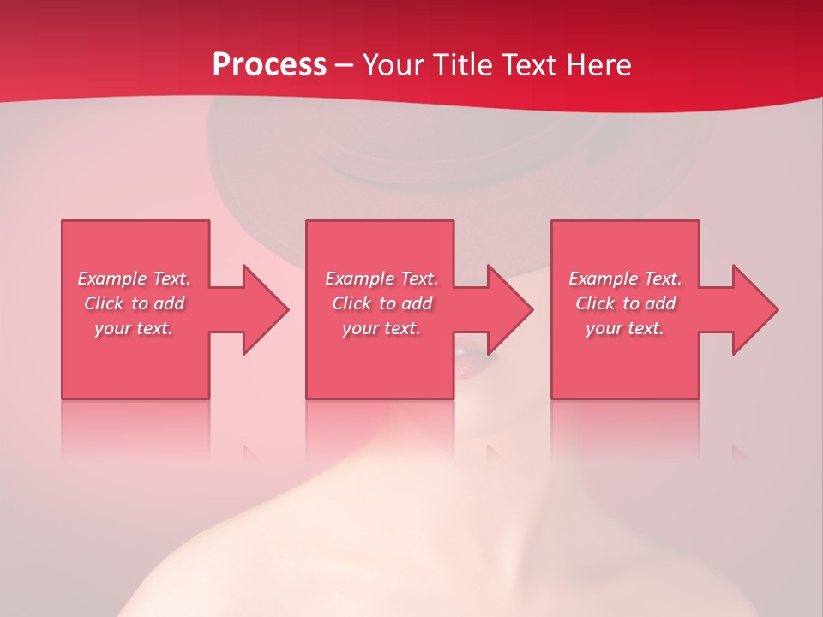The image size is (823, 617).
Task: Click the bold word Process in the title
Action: [x=269, y=65]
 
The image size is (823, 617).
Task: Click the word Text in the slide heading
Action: [x=529, y=65]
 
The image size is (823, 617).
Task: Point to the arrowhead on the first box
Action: [x=266, y=309]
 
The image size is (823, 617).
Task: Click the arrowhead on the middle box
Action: [x=510, y=309]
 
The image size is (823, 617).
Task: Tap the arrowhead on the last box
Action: [x=755, y=309]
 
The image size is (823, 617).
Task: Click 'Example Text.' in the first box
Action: [x=134, y=279]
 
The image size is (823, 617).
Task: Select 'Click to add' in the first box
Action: [x=134, y=303]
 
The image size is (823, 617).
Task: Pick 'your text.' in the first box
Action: [x=134, y=328]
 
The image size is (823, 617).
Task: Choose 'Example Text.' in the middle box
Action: [x=381, y=279]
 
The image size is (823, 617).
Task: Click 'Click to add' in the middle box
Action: [x=381, y=303]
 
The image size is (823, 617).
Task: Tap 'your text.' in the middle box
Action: [x=381, y=328]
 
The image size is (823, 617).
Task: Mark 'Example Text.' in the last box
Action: [x=625, y=279]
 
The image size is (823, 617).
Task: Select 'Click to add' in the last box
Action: [x=625, y=303]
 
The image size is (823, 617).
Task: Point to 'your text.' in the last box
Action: [x=625, y=328]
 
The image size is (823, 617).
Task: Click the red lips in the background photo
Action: [x=469, y=352]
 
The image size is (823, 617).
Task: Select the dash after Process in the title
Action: [x=345, y=65]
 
